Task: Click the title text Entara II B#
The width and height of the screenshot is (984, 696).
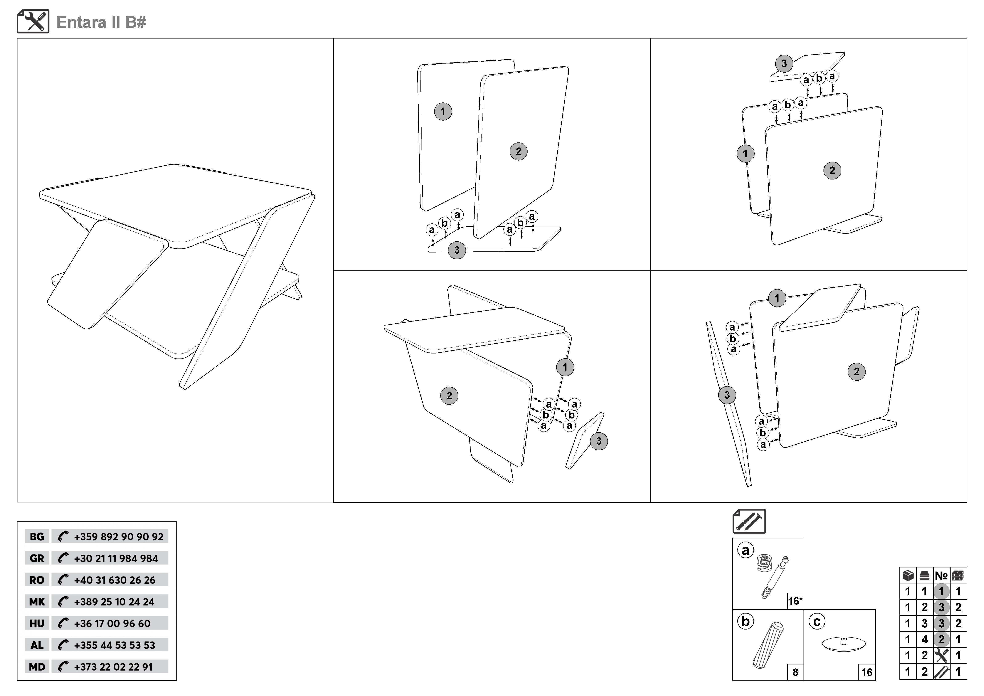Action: click(101, 22)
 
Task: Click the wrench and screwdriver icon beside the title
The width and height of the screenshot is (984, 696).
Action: click(33, 21)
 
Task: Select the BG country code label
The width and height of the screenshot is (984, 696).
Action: click(37, 537)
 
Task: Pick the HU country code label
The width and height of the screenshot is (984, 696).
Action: click(37, 624)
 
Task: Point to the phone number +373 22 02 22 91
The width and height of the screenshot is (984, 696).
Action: click(113, 667)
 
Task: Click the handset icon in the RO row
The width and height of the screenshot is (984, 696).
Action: click(63, 580)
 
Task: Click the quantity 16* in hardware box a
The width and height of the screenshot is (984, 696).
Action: click(795, 601)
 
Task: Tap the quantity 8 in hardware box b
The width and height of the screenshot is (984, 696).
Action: click(796, 672)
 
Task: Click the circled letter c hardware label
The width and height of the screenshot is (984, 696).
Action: click(817, 622)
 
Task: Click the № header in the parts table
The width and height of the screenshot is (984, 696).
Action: click(941, 576)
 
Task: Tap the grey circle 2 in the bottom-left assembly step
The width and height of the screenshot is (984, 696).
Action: click(449, 396)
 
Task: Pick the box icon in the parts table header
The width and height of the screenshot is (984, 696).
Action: click(908, 576)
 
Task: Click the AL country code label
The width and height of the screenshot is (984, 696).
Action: click(37, 645)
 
